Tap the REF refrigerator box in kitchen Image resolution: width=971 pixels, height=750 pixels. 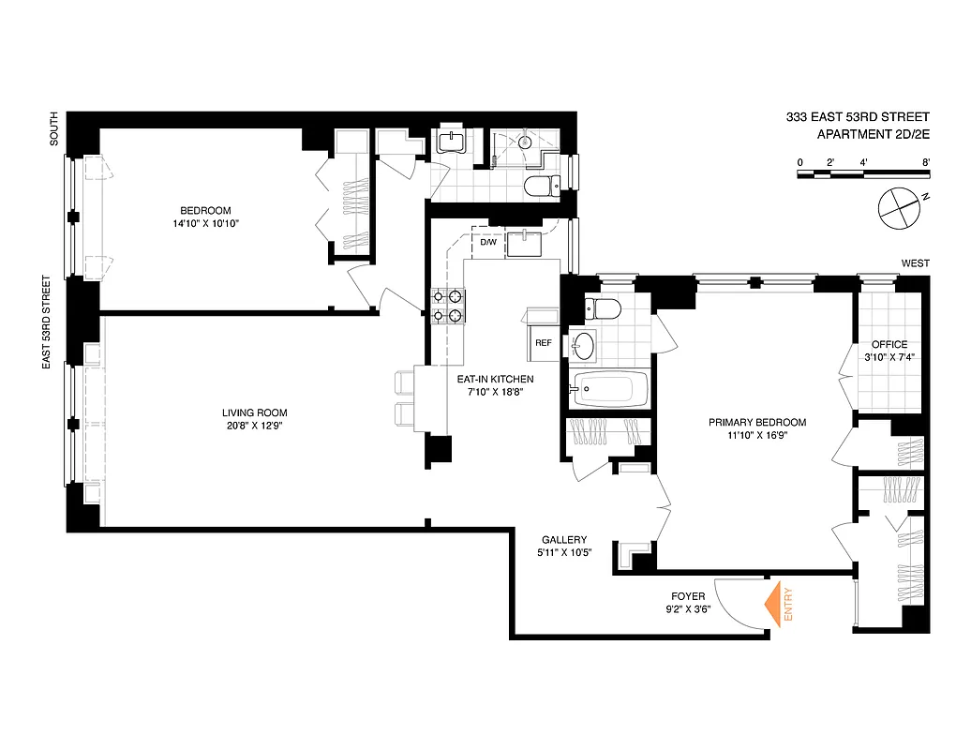(543, 343)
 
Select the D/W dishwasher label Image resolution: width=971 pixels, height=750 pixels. (488, 243)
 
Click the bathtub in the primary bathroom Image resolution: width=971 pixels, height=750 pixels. (610, 389)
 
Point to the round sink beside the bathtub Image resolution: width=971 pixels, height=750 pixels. (584, 344)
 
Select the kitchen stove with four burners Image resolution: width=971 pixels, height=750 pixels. (448, 307)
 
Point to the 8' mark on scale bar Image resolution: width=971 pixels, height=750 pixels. (925, 162)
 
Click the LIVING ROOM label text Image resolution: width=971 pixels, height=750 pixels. (254, 412)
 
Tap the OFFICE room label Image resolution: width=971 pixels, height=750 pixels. (889, 344)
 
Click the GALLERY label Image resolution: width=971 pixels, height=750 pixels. (564, 540)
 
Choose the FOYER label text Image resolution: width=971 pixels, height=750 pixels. (688, 596)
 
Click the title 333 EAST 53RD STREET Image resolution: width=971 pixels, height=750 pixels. (858, 117)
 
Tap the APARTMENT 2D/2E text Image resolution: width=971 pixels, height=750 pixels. (873, 135)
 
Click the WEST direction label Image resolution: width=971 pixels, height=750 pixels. (915, 263)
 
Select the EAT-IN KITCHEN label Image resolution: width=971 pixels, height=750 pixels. (495, 379)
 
